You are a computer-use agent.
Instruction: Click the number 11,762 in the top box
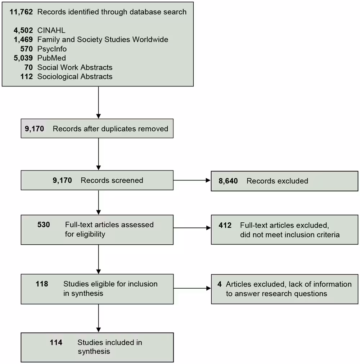pyautogui.click(x=21, y=12)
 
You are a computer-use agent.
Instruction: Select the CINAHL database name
pyautogui.click(x=51, y=31)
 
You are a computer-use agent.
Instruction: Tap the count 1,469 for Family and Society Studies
pyautogui.click(x=23, y=40)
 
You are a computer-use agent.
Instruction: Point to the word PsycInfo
pyautogui.click(x=52, y=49)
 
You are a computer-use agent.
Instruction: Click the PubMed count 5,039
pyautogui.click(x=23, y=58)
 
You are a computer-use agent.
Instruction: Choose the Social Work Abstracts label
pyautogui.click(x=75, y=67)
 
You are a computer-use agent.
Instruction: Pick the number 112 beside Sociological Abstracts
pyautogui.click(x=27, y=76)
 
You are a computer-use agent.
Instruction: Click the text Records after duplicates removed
pyautogui.click(x=110, y=129)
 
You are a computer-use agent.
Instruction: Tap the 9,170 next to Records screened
pyautogui.click(x=62, y=181)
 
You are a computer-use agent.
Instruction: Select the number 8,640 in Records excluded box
pyautogui.click(x=228, y=181)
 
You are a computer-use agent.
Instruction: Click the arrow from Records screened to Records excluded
pyautogui.click(x=192, y=181)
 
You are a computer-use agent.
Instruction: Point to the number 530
pyautogui.click(x=44, y=225)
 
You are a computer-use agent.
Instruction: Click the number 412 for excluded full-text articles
pyautogui.click(x=225, y=225)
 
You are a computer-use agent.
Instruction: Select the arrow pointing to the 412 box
pyautogui.click(x=192, y=228)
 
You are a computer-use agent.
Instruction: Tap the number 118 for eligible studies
pyautogui.click(x=42, y=284)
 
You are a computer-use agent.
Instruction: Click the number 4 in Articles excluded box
pyautogui.click(x=219, y=284)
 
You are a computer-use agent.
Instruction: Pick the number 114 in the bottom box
pyautogui.click(x=56, y=342)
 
